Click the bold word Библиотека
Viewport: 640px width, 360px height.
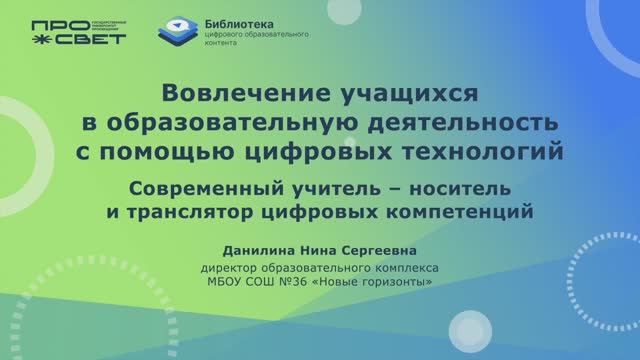tap(242, 22)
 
